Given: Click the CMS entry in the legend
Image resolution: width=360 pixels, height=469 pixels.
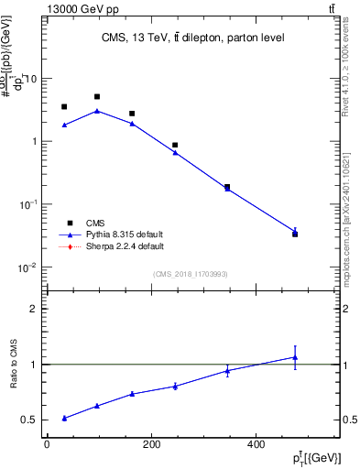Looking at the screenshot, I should pyautogui.click(x=95, y=223).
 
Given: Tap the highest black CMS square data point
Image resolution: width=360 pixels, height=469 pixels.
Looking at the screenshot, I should pyautogui.click(x=97, y=96).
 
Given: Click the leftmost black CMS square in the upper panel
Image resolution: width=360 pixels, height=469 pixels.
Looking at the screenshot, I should pyautogui.click(x=64, y=107).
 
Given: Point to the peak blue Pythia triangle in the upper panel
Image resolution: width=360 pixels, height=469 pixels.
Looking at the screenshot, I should pyautogui.click(x=97, y=111).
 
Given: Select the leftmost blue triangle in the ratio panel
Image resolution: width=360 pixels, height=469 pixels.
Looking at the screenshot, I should pyautogui.click(x=64, y=418).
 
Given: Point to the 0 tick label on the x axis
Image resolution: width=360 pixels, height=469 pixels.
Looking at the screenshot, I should pyautogui.click(x=47, y=445).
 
